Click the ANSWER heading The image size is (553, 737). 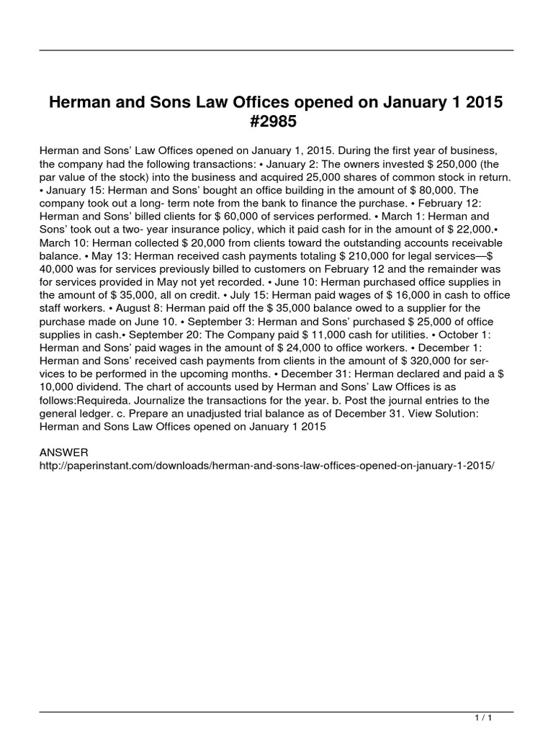(x=64, y=452)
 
